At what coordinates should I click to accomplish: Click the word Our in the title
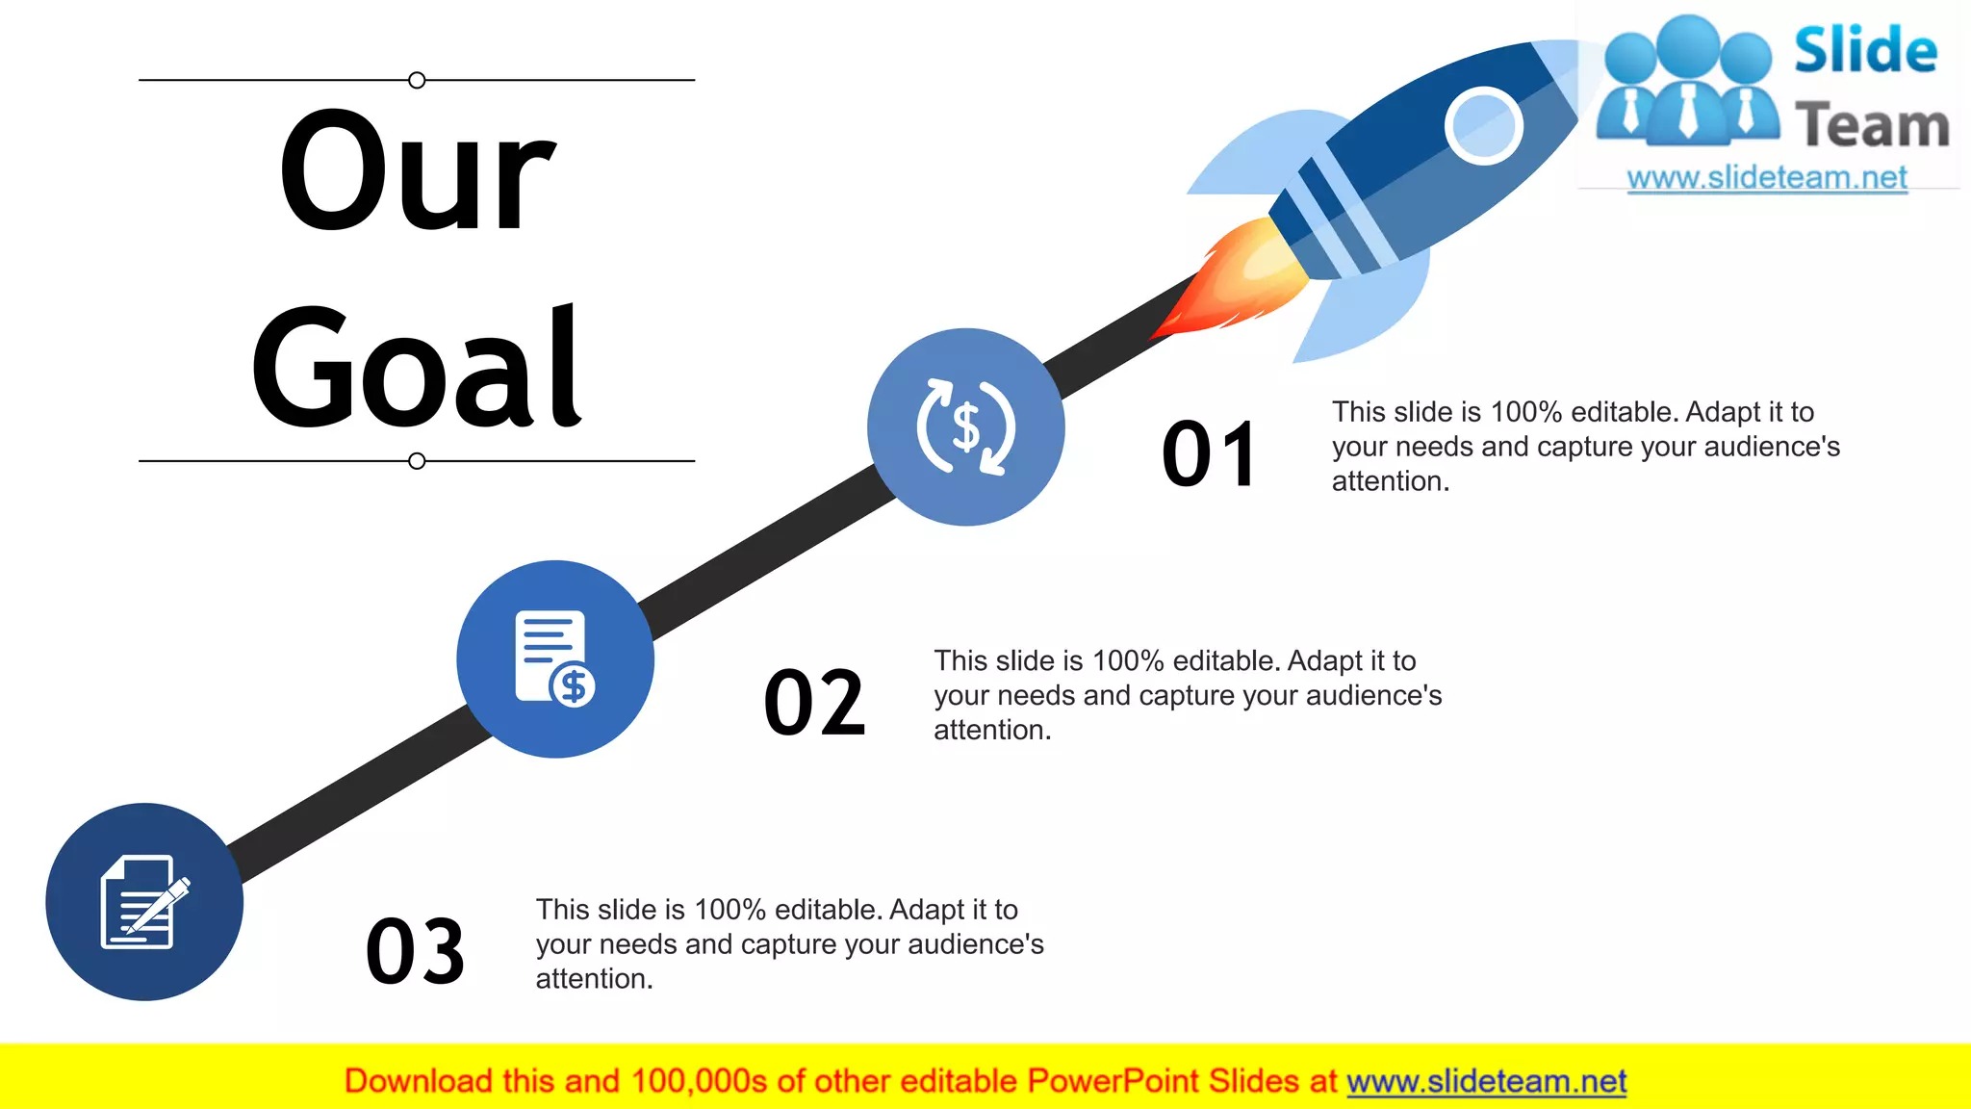click(417, 173)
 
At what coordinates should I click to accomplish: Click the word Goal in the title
click(417, 368)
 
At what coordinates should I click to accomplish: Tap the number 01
click(1209, 454)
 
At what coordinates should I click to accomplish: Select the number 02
click(814, 704)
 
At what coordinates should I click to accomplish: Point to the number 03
click(416, 952)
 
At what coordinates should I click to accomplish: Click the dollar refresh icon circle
click(965, 427)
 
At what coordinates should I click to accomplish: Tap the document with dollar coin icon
click(555, 659)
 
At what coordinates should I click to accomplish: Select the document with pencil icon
click(144, 902)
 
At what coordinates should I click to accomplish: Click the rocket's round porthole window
click(1483, 126)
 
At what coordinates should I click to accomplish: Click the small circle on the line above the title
click(417, 80)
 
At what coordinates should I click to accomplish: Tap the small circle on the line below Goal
click(417, 461)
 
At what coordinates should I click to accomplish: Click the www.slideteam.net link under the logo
click(1767, 178)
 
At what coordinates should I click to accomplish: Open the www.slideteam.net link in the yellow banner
click(1486, 1082)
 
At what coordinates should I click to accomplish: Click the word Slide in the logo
click(1865, 50)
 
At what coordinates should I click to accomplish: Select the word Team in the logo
click(1872, 126)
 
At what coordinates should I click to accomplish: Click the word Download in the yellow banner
click(419, 1082)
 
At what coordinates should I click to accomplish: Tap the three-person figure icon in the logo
click(1688, 81)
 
